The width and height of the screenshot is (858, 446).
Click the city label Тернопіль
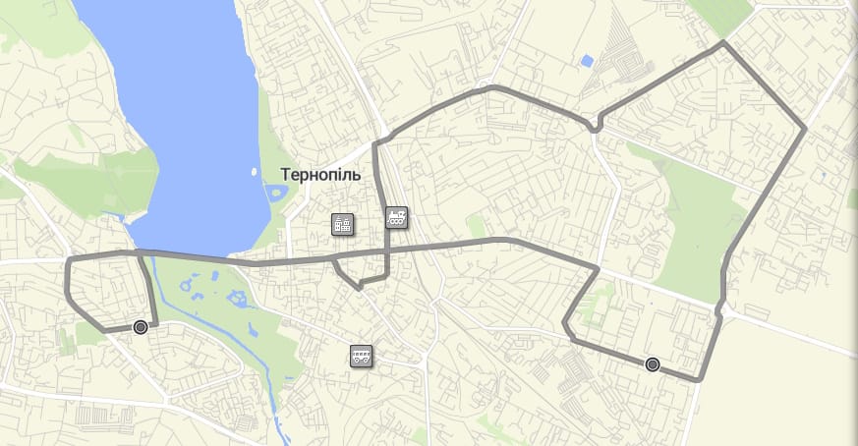(320, 175)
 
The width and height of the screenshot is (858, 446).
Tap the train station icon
(397, 218)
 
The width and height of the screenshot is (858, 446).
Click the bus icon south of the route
(362, 356)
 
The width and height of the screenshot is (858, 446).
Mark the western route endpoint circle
(141, 327)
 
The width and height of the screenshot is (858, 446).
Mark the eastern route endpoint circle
(652, 364)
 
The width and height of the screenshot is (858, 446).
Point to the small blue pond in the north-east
(587, 61)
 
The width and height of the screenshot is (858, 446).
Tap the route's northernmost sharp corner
(723, 42)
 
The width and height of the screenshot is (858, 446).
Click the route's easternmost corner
(805, 129)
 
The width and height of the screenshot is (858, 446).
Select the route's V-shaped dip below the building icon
(360, 287)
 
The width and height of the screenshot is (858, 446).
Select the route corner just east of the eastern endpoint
(699, 379)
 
